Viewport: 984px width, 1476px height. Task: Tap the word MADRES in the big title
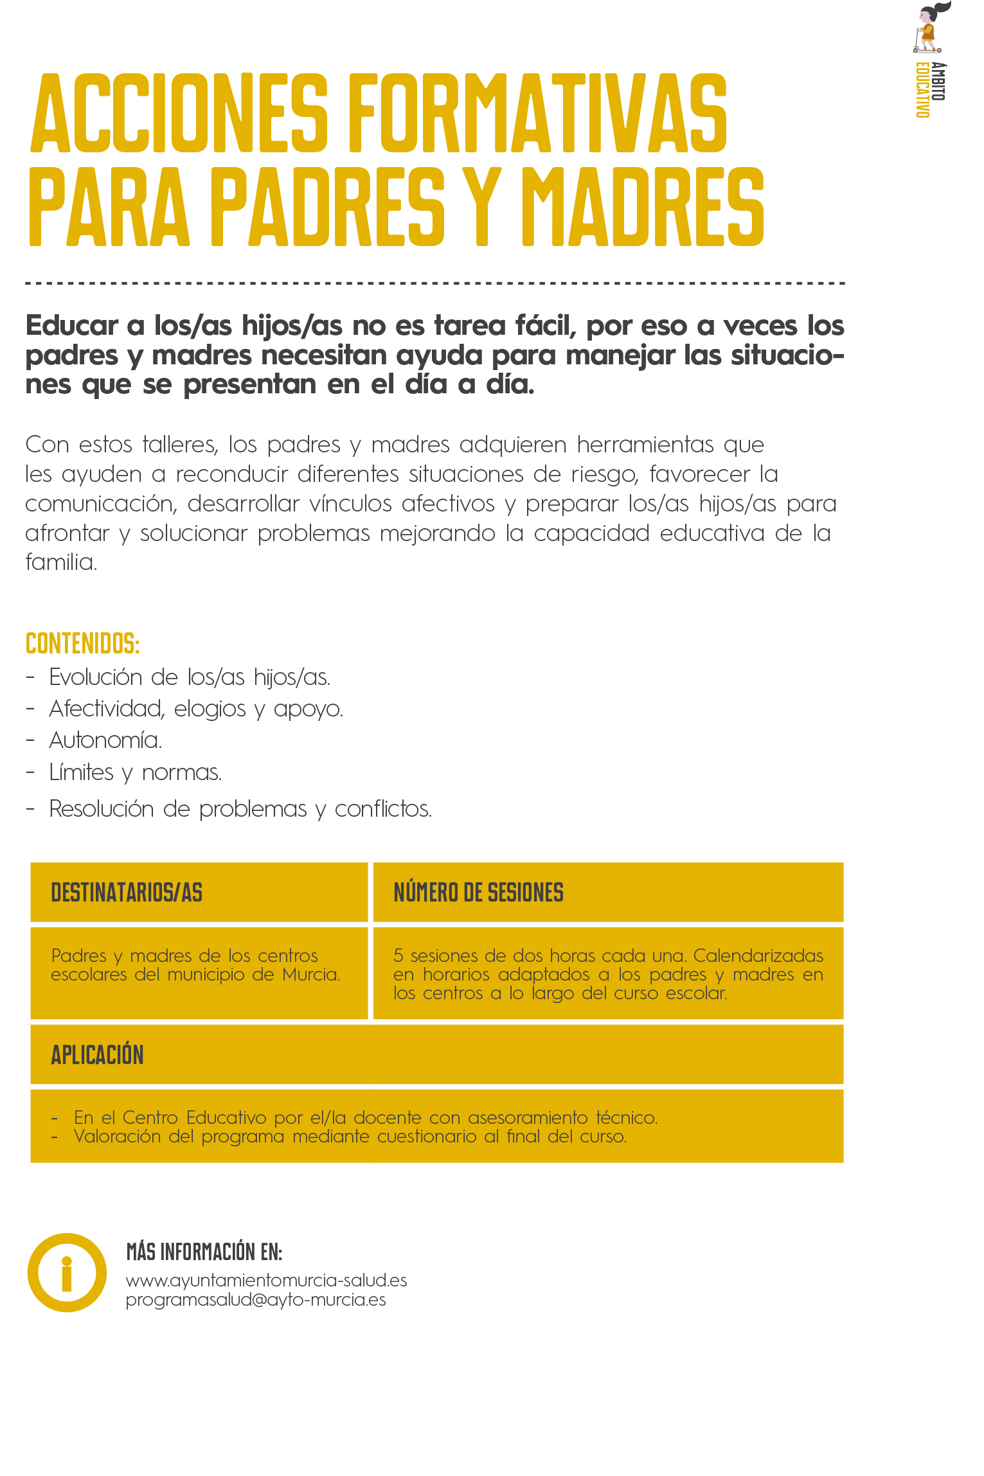point(643,207)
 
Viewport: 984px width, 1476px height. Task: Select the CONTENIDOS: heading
point(82,643)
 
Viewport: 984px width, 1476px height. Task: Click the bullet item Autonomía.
point(105,740)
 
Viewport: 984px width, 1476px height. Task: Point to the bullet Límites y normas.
point(135,772)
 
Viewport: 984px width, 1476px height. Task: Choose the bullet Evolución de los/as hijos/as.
point(190,677)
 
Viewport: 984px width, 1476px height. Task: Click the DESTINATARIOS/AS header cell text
point(127,893)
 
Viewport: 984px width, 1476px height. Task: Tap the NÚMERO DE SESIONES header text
point(478,893)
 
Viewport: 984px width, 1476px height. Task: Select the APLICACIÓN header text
point(98,1055)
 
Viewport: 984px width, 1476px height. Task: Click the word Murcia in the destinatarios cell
point(310,975)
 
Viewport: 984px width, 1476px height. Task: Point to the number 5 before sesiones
point(398,956)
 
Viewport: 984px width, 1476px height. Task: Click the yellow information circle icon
point(67,1272)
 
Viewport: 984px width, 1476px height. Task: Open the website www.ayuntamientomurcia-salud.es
point(266,1281)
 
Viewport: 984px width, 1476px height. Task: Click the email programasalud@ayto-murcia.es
point(256,1300)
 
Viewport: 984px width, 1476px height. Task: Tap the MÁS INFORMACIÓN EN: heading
point(204,1252)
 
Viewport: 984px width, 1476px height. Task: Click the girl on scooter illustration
point(929,29)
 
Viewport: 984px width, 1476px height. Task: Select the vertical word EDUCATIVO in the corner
point(922,90)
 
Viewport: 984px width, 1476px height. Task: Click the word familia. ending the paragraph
point(61,562)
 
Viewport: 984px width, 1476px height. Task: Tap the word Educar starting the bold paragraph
point(72,326)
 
